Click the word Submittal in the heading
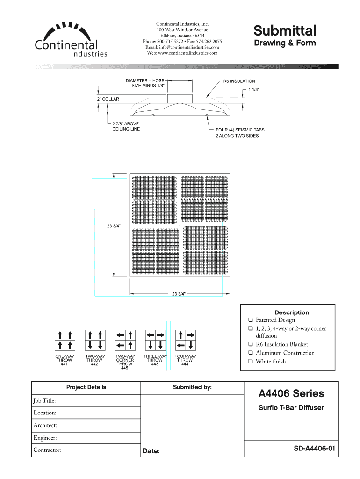point(285,31)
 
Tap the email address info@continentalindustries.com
point(182,47)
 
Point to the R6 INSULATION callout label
point(239,81)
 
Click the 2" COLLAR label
point(108,99)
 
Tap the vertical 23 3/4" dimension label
point(114,226)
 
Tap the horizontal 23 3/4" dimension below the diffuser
point(179,294)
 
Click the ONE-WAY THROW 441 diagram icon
point(65,340)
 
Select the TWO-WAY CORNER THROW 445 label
point(125,362)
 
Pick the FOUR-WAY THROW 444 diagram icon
point(185,340)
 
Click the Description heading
point(292,312)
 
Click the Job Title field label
point(45,400)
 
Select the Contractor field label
point(47,450)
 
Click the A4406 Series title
point(291,393)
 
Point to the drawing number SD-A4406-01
point(315,449)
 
